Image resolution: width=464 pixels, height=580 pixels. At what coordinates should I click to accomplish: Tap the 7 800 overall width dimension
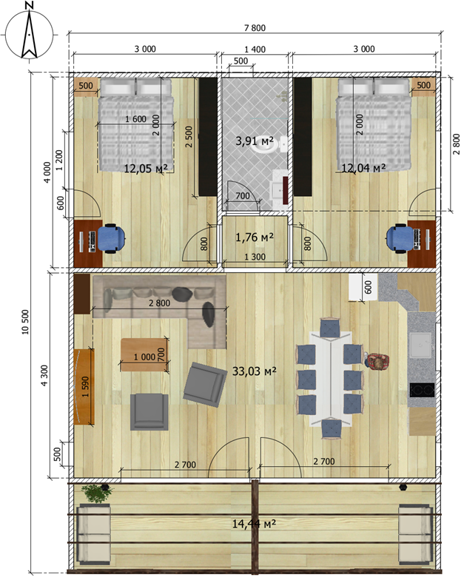coord(255,28)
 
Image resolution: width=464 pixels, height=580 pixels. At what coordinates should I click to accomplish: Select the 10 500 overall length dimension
coord(25,322)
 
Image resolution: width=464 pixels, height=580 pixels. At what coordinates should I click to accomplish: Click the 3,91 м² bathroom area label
coord(255,141)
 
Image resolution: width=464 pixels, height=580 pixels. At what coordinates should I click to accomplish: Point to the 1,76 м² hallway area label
coord(255,237)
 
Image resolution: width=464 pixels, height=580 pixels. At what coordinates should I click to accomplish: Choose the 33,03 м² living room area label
coord(255,371)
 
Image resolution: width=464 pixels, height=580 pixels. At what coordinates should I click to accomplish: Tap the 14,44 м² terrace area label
coord(254,524)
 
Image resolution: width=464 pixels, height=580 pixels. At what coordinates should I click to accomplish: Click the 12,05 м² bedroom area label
coord(145,169)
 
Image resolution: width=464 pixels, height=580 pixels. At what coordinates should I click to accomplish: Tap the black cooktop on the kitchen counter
coord(422,390)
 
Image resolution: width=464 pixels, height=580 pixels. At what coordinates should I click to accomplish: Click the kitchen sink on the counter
coord(420,345)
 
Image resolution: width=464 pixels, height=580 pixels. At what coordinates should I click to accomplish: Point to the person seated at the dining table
coord(377,361)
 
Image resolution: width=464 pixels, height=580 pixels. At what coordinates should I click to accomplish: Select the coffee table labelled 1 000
coord(144,355)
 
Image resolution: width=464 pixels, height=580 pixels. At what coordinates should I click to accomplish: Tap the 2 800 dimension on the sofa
coord(160,303)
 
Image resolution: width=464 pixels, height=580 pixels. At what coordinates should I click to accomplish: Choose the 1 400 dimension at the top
coord(255,49)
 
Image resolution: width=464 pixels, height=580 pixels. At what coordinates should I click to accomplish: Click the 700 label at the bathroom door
coord(243,195)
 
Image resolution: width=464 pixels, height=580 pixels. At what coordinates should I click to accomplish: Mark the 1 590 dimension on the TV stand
coord(86,386)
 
